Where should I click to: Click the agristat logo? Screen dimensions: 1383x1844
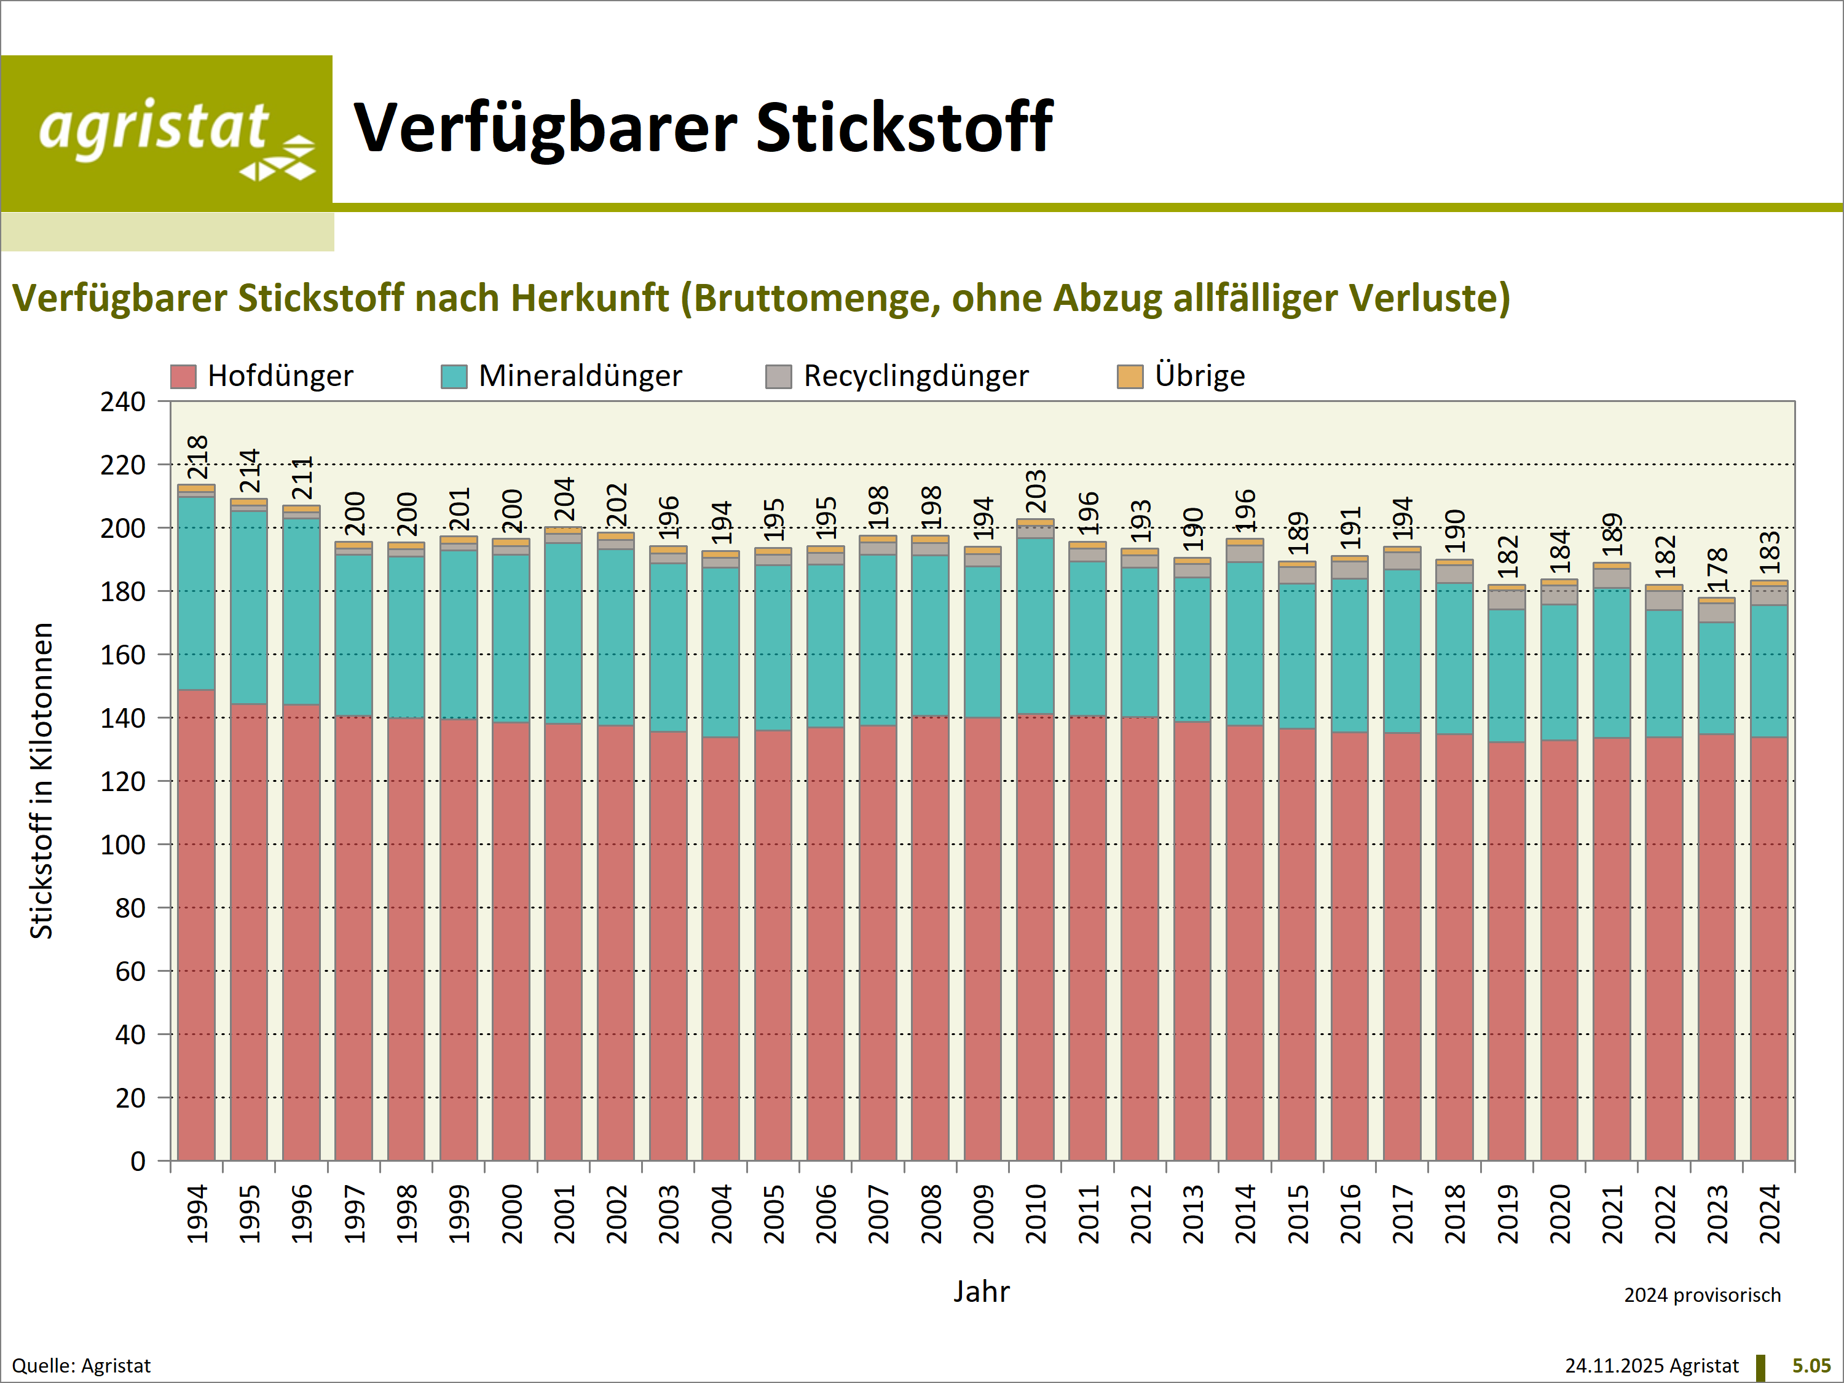coord(167,133)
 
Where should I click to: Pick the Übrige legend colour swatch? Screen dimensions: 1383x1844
coord(1130,377)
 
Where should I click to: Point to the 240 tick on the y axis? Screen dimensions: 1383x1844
coord(124,402)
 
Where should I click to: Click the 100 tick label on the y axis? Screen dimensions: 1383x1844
coord(124,845)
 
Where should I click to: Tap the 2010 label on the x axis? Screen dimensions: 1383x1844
coord(1035,1214)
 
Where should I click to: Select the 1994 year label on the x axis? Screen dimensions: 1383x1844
coord(197,1214)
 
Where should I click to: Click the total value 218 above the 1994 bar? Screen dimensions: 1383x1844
coord(197,457)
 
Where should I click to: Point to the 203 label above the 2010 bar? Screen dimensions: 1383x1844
coord(1035,492)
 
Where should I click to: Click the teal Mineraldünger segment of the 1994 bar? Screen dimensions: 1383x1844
coord(197,594)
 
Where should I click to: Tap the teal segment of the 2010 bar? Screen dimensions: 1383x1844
coord(1035,625)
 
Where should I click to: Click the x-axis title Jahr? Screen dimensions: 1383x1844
coord(981,1291)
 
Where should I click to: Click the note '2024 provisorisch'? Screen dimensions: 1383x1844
coord(1701,1294)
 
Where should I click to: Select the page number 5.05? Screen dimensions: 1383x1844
coord(1811,1366)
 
